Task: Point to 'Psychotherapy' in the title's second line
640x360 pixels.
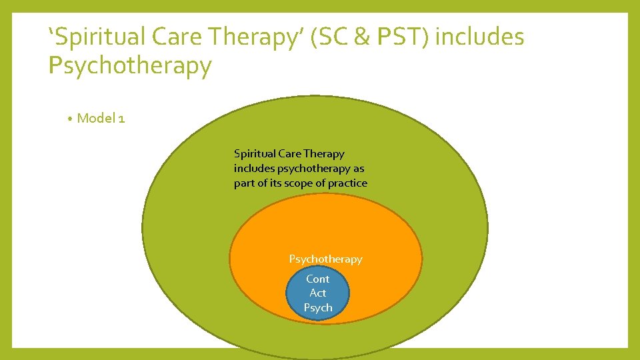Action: [x=130, y=66]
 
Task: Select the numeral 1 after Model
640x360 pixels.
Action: [x=121, y=119]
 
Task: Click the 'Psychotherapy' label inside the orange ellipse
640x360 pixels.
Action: [x=325, y=259]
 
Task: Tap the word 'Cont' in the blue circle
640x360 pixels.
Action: [x=318, y=279]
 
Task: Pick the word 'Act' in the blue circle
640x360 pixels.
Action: [x=318, y=293]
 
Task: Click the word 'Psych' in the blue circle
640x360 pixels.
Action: [x=318, y=307]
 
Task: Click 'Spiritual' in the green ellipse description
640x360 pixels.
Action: [x=255, y=154]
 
